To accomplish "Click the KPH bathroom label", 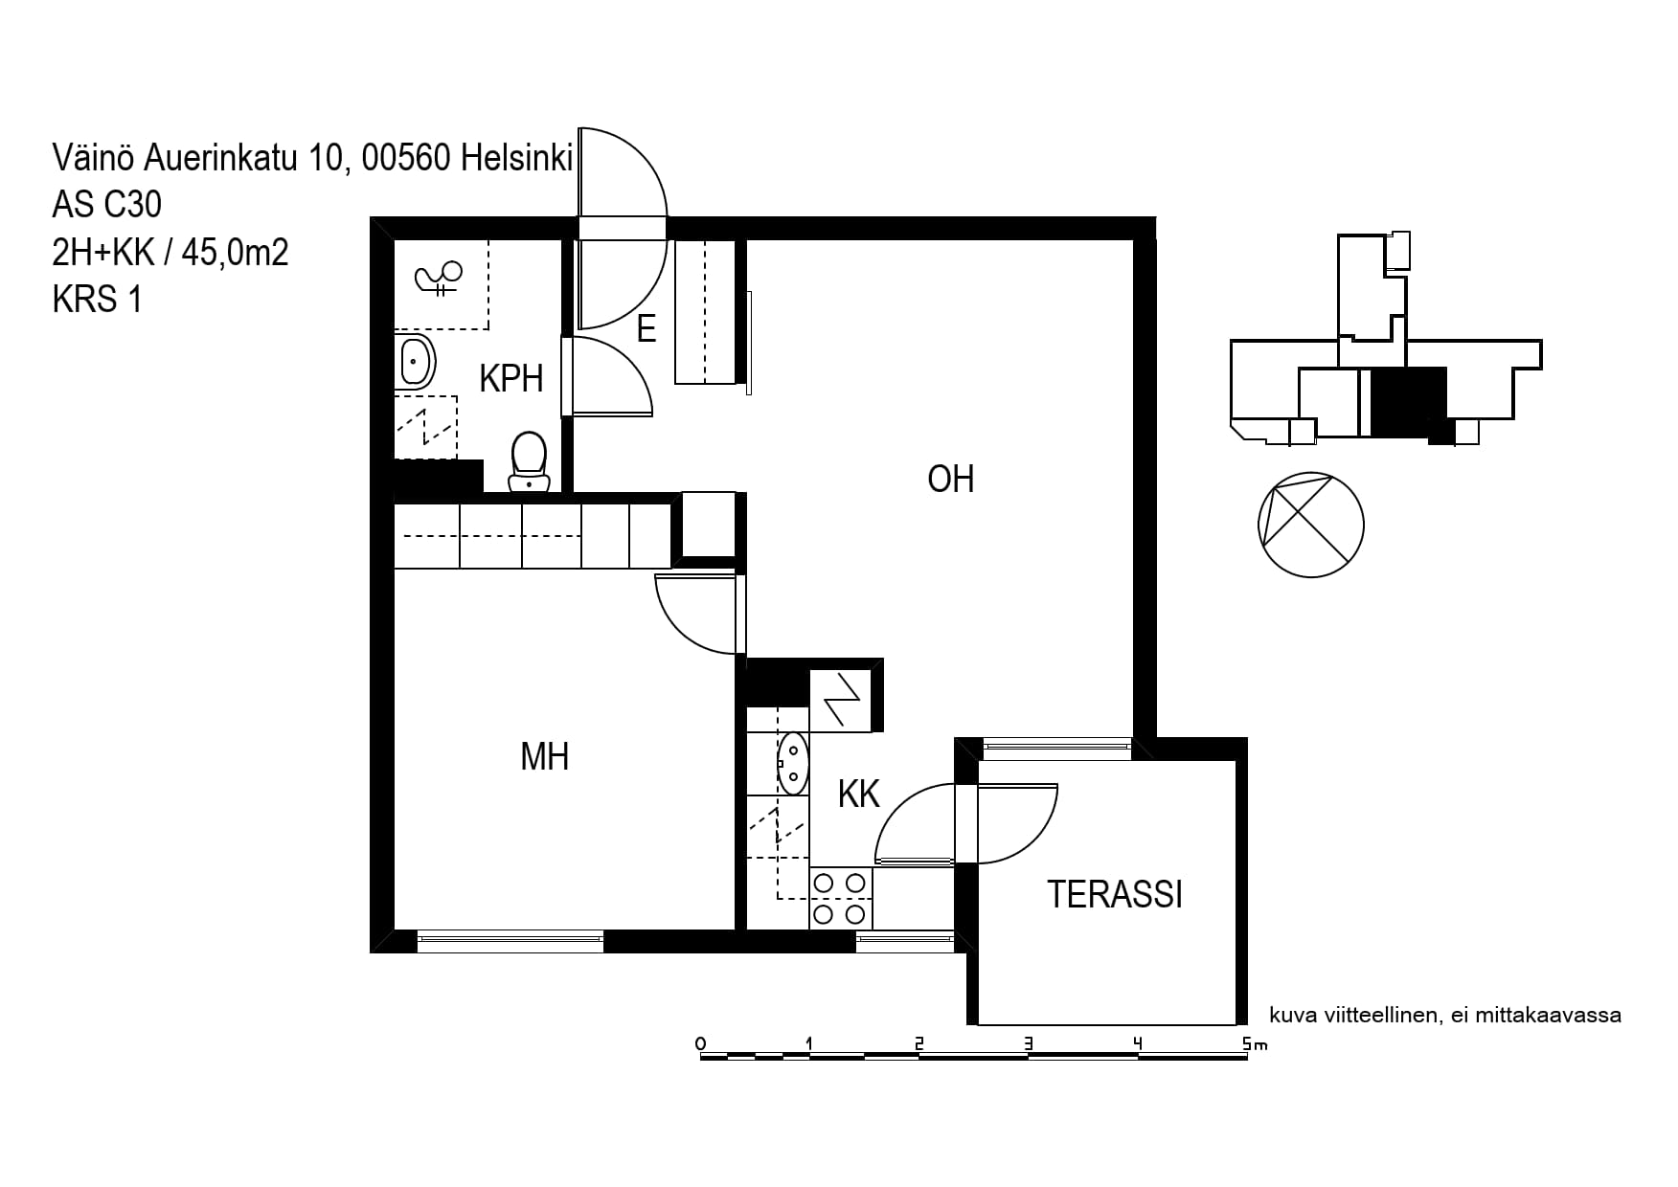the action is (510, 379).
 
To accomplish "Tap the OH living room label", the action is (950, 479).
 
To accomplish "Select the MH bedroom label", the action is (544, 756).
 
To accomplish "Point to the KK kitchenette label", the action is (858, 794).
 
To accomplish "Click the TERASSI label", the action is (1115, 894).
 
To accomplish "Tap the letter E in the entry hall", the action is (646, 328).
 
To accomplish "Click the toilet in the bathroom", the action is (529, 461).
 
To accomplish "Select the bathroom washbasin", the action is (416, 362).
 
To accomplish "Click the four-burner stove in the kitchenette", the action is (841, 899).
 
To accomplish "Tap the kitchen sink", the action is (793, 763).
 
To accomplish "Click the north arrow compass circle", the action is (1310, 525).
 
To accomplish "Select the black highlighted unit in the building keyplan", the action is (1408, 402).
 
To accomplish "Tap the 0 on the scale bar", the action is (701, 1043).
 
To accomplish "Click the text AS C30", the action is (107, 205).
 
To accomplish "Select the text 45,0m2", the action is (235, 253).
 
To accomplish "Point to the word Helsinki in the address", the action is (516, 158).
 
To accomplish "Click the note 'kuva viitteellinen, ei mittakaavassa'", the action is (1445, 1016).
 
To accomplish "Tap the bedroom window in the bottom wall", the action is (510, 942).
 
